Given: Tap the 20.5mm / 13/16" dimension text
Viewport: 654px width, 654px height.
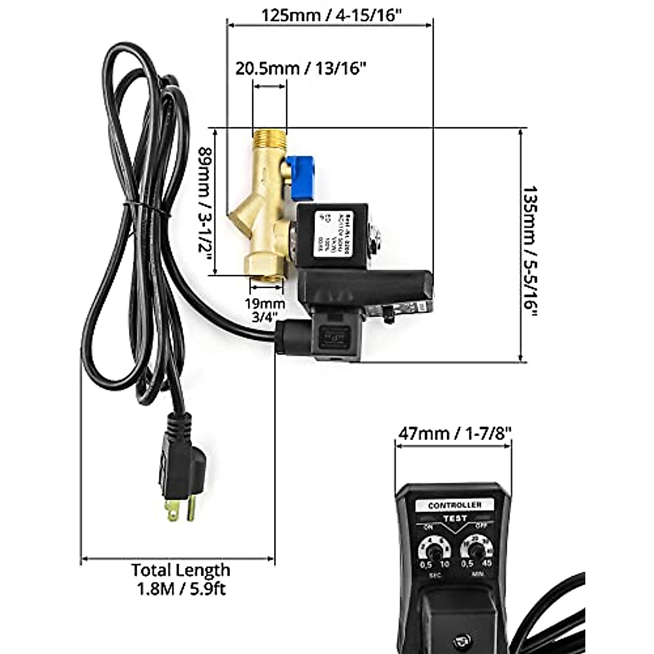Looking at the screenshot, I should point(300,69).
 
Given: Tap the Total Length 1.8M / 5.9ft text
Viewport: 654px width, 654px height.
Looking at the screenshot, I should point(180,579).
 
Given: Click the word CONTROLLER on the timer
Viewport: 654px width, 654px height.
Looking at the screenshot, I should point(455,505).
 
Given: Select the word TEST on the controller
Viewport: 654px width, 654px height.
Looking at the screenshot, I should point(455,518).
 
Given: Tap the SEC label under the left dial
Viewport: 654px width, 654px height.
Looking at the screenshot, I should point(435,576).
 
